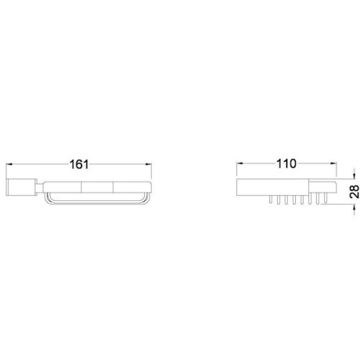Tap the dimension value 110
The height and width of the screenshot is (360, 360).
point(287,164)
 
